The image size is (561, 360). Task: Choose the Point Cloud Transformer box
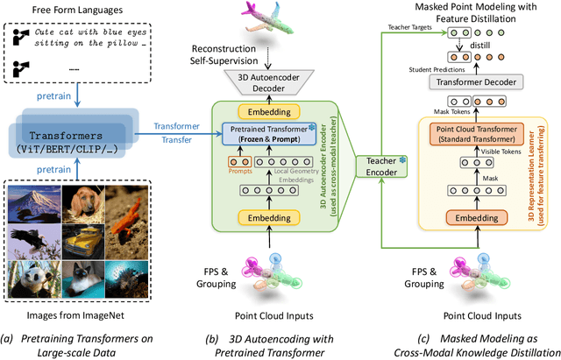[485, 136]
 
